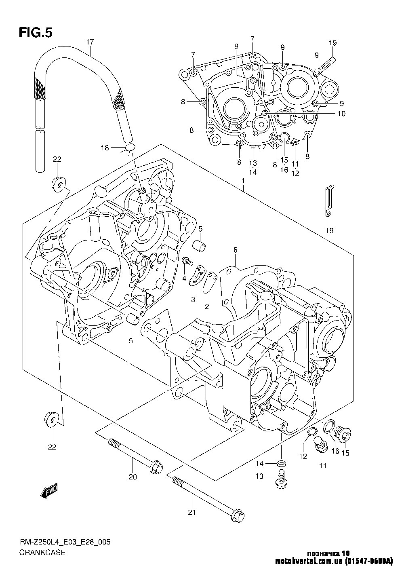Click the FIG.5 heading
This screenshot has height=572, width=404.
pyautogui.click(x=36, y=32)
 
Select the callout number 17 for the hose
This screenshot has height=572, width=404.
pyautogui.click(x=90, y=42)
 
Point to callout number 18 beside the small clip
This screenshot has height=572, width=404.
pyautogui.click(x=105, y=148)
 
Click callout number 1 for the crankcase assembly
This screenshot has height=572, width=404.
pyautogui.click(x=243, y=181)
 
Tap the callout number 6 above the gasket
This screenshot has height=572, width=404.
pyautogui.click(x=235, y=250)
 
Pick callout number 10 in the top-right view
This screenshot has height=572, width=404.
pyautogui.click(x=341, y=113)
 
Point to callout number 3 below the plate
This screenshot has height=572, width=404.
pyautogui.click(x=193, y=299)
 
